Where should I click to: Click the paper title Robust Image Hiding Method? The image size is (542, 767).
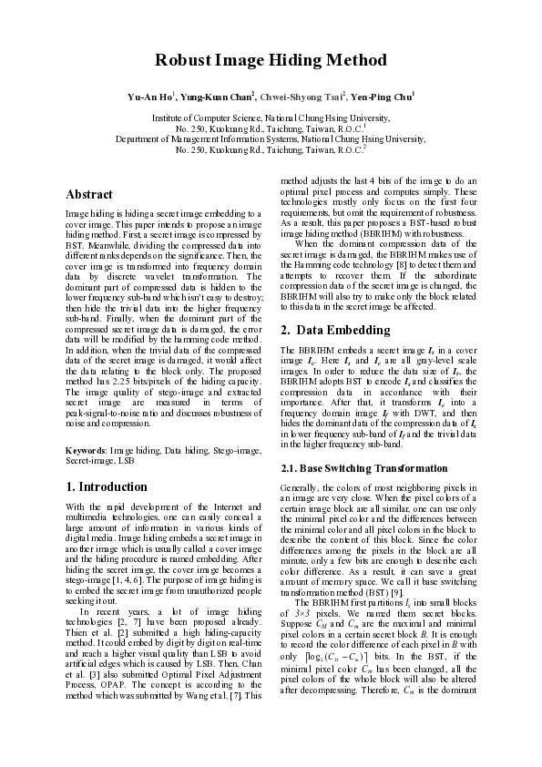point(271,61)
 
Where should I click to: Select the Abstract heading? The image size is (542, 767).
point(89,195)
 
